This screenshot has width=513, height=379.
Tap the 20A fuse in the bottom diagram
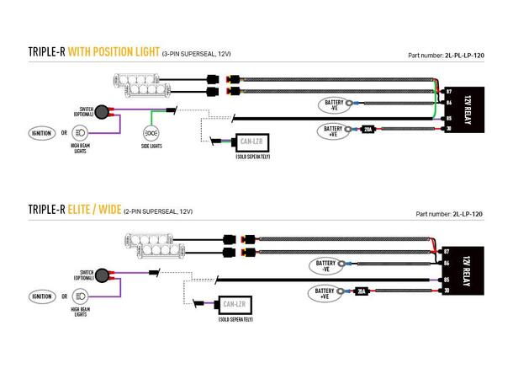362,291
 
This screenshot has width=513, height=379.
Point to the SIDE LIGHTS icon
152,133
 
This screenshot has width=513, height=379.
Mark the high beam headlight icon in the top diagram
82,132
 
